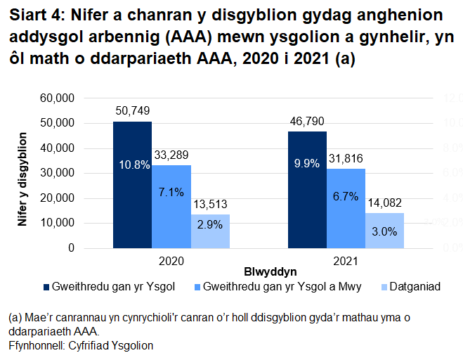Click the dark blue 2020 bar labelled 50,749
pyautogui.click(x=132, y=204)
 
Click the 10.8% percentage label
pyautogui.click(x=132, y=165)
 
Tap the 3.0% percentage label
pyautogui.click(x=384, y=231)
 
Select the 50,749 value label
pyautogui.click(x=132, y=111)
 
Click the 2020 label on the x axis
pyautogui.click(x=171, y=259)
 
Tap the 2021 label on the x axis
pyautogui.click(x=346, y=259)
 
